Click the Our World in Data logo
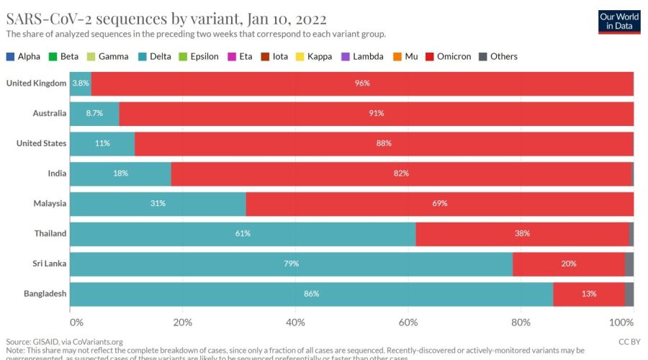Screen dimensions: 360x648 point(619,21)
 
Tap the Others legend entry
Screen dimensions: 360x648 point(503,56)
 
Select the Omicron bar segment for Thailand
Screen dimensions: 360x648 point(522,233)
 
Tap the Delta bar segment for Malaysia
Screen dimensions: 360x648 point(158,204)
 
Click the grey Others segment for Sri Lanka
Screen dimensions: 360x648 point(629,264)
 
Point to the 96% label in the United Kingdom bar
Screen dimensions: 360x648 point(362,84)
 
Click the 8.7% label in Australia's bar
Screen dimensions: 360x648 point(95,114)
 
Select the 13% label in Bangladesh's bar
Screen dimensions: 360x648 point(588,294)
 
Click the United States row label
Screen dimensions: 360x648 point(42,143)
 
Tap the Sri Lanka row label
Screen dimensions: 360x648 point(49,264)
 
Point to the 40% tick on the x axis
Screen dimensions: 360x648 point(295,321)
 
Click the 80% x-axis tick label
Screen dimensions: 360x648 point(521,321)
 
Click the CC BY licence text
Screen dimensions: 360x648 point(629,341)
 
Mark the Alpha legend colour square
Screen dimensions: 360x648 point(10,56)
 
